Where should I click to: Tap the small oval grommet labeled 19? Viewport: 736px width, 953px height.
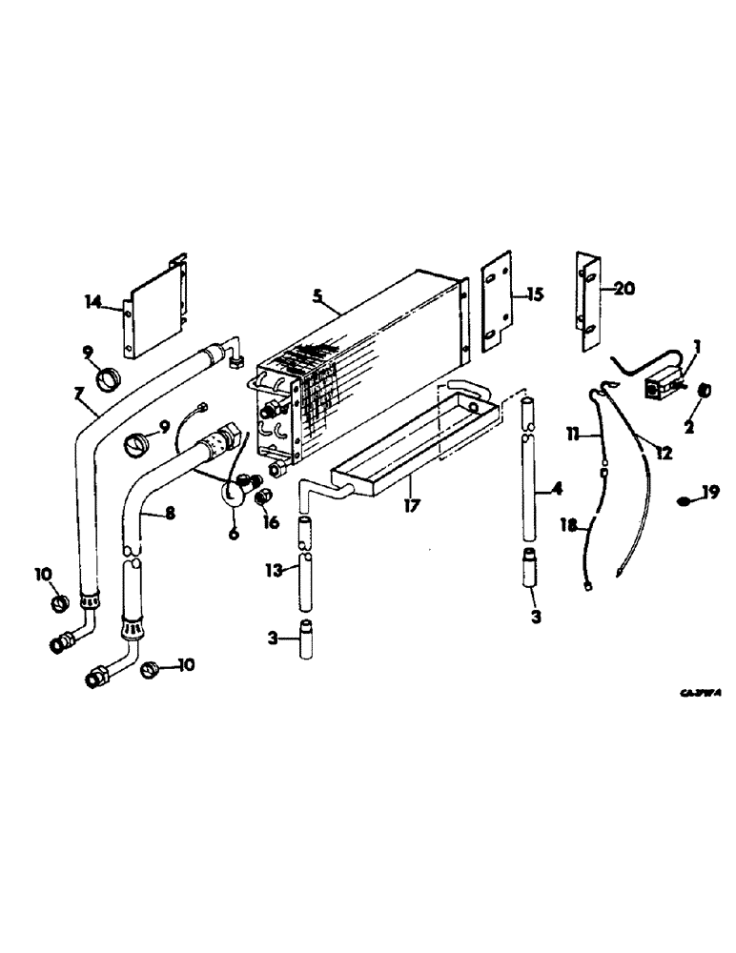[x=685, y=500]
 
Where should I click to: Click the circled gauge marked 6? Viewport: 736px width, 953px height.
[x=233, y=494]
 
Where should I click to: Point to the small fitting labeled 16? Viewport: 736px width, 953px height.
[x=266, y=496]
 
